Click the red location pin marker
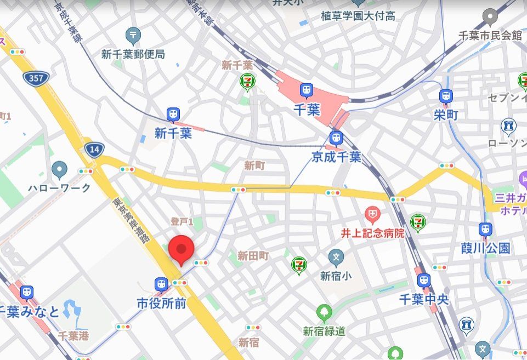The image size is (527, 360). tap(182, 250)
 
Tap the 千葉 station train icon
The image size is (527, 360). tap(306, 90)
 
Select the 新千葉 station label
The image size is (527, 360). tap(173, 133)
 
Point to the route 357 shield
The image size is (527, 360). tap(36, 78)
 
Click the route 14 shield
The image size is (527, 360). tap(94, 149)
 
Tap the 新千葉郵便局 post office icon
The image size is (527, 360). tap(133, 36)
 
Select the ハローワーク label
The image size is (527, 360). tap(59, 188)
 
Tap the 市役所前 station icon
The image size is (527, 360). tap(161, 284)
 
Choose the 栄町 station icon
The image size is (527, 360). tap(446, 97)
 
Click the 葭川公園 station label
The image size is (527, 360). tap(485, 248)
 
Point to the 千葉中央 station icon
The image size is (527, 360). tap(424, 281)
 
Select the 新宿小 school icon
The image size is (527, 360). tap(336, 256)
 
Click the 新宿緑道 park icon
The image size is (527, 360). tap(324, 313)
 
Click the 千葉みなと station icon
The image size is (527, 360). tap(26, 293)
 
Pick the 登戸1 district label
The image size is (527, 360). tap(182, 221)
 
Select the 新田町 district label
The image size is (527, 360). tap(253, 255)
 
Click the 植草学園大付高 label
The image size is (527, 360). tap(358, 16)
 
